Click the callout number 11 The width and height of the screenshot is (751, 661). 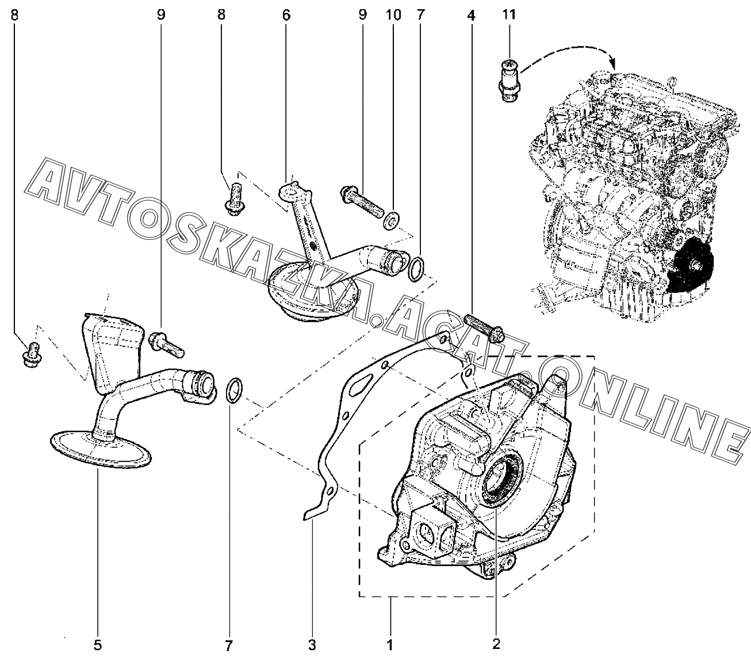[x=509, y=15]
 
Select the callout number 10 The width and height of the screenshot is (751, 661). [x=393, y=15]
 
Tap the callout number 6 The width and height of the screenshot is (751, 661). [x=286, y=15]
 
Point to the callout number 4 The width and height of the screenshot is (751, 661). [x=471, y=16]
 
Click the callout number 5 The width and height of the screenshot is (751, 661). [x=98, y=645]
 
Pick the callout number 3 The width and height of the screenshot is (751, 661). [x=312, y=645]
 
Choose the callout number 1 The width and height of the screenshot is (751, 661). [x=390, y=645]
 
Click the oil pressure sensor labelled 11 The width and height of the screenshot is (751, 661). [x=508, y=81]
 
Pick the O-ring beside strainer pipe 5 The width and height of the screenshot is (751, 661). [x=232, y=391]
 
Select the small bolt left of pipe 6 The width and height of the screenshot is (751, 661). [x=233, y=198]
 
